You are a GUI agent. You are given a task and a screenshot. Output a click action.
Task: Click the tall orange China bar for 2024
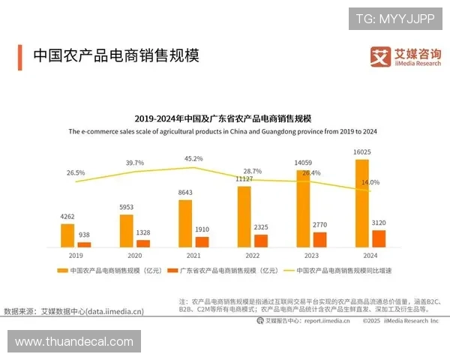(x=361, y=202)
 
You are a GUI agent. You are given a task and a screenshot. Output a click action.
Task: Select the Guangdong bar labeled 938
(x=84, y=244)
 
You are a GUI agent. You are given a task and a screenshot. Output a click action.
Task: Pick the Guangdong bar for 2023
(x=320, y=239)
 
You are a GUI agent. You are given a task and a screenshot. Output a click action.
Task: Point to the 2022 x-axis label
(x=253, y=255)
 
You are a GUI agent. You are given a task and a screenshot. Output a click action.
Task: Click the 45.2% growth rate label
(x=193, y=158)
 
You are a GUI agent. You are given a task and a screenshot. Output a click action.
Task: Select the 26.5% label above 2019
(x=76, y=173)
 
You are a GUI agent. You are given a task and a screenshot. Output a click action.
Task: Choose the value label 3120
(x=379, y=223)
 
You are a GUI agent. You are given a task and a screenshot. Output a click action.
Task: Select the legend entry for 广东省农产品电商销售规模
(x=223, y=269)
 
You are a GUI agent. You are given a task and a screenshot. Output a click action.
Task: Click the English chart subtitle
(x=223, y=131)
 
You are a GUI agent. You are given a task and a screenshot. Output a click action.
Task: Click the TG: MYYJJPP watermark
(x=395, y=18)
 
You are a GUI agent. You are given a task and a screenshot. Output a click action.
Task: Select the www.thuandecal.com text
(x=73, y=341)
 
